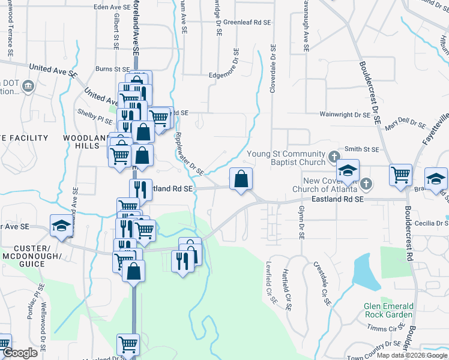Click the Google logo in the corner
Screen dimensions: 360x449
click(19, 353)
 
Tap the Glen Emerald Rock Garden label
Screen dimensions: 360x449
click(388, 310)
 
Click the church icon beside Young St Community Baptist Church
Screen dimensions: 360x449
click(334, 158)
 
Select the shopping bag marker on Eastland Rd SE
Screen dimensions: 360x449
click(241, 179)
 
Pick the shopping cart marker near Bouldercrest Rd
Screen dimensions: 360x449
click(400, 175)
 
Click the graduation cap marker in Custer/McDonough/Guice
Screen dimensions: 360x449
click(61, 226)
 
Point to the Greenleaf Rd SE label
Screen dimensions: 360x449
click(247, 22)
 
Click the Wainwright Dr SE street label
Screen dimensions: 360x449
click(345, 113)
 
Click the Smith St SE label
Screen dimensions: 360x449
click(362, 149)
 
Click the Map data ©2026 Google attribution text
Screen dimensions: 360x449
click(411, 355)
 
